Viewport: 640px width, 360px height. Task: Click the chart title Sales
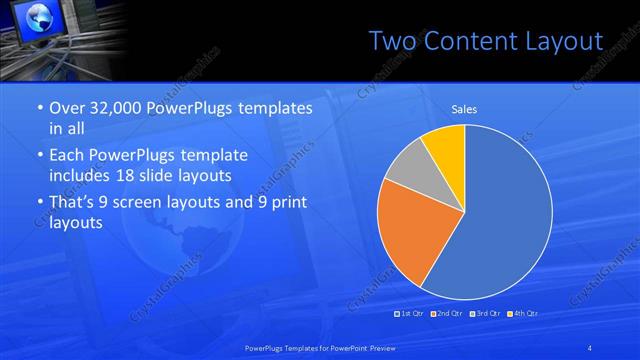(464, 109)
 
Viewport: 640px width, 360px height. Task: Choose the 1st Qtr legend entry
(410, 314)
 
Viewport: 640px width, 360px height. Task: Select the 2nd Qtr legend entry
(447, 314)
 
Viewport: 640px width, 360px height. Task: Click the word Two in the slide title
(393, 41)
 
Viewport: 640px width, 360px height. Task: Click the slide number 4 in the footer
(590, 347)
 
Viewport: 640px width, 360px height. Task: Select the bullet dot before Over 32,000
(38, 109)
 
